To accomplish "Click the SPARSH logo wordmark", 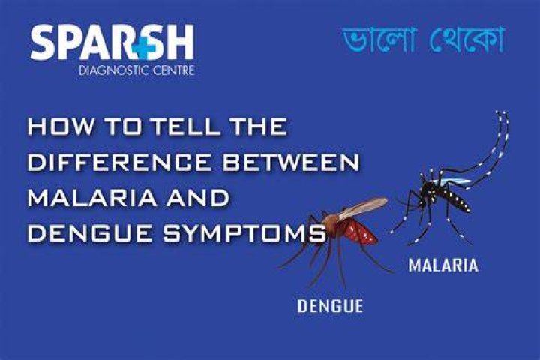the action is pos(112,42).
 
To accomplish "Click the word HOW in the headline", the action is pos(61,127).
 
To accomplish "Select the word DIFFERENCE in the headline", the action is pos(119,163).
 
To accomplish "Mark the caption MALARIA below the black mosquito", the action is pos(443,265).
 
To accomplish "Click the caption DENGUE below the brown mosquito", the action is pos(330,306).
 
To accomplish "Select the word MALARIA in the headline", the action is pos(91,199).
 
